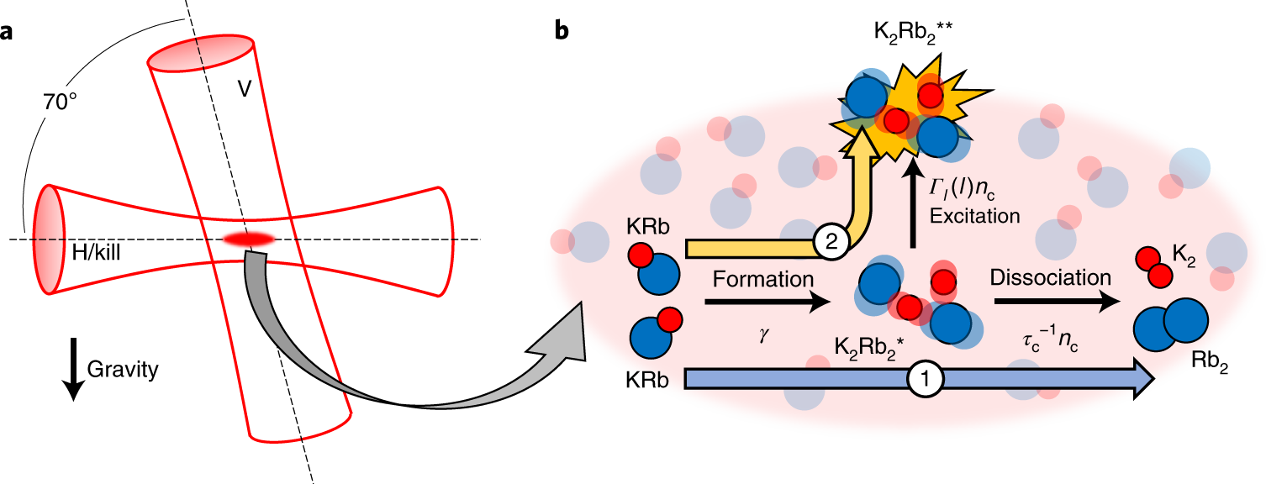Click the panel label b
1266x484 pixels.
(562, 30)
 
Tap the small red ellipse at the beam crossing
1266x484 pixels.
(249, 240)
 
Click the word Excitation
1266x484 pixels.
(975, 216)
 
